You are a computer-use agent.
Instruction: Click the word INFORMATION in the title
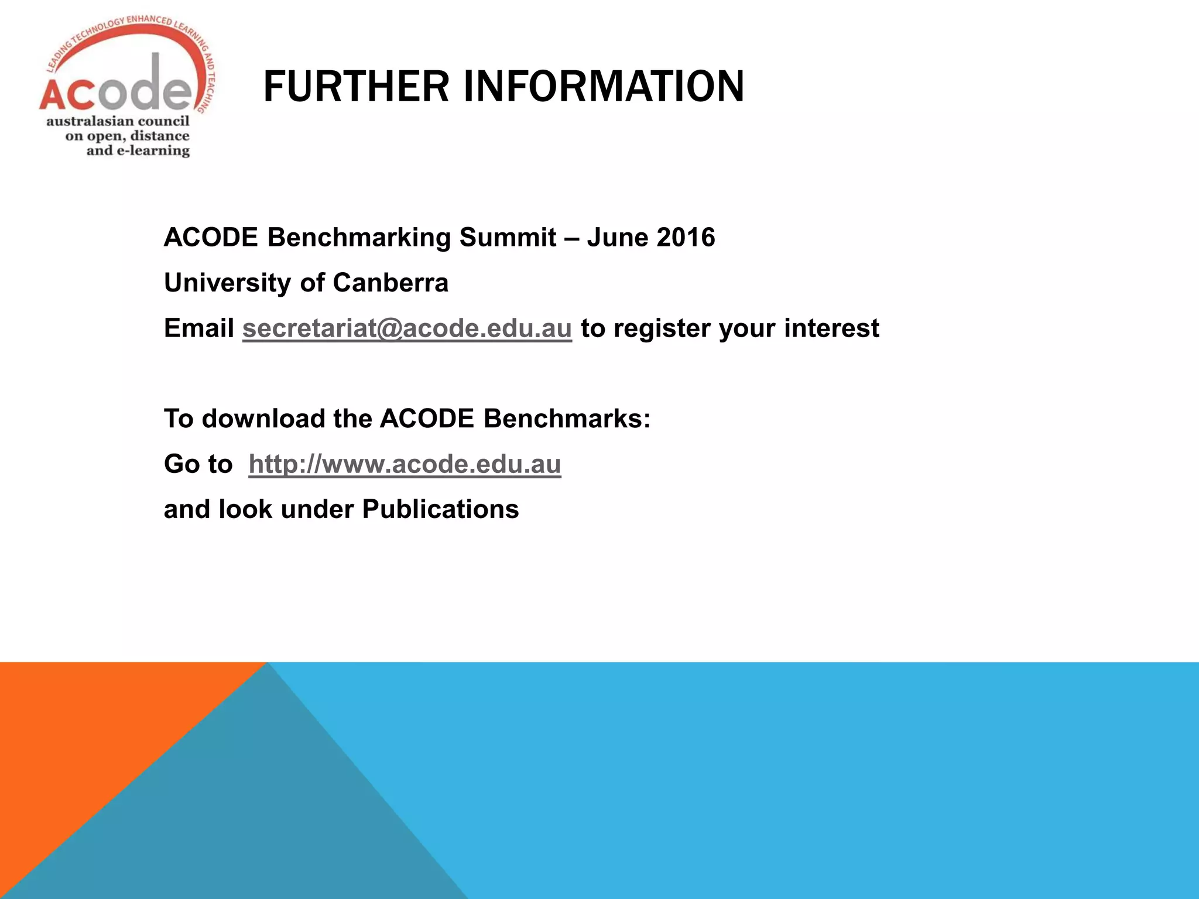[x=604, y=87]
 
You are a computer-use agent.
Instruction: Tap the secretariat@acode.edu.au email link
[x=407, y=328]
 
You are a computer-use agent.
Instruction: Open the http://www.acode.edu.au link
[x=405, y=464]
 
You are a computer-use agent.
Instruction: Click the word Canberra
[x=390, y=283]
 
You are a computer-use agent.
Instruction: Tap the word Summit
[x=508, y=238]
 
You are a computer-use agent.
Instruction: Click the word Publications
[x=440, y=509]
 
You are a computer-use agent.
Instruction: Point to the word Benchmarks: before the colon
[x=566, y=419]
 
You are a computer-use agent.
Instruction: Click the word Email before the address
[x=199, y=328]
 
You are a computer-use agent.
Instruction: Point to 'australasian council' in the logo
[x=118, y=121]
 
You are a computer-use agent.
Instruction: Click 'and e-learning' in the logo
[x=138, y=151]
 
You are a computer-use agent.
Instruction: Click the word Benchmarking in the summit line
[x=359, y=238]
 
